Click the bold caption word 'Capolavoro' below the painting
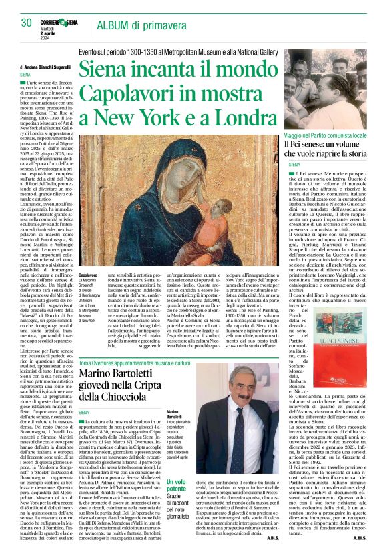[89, 275]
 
